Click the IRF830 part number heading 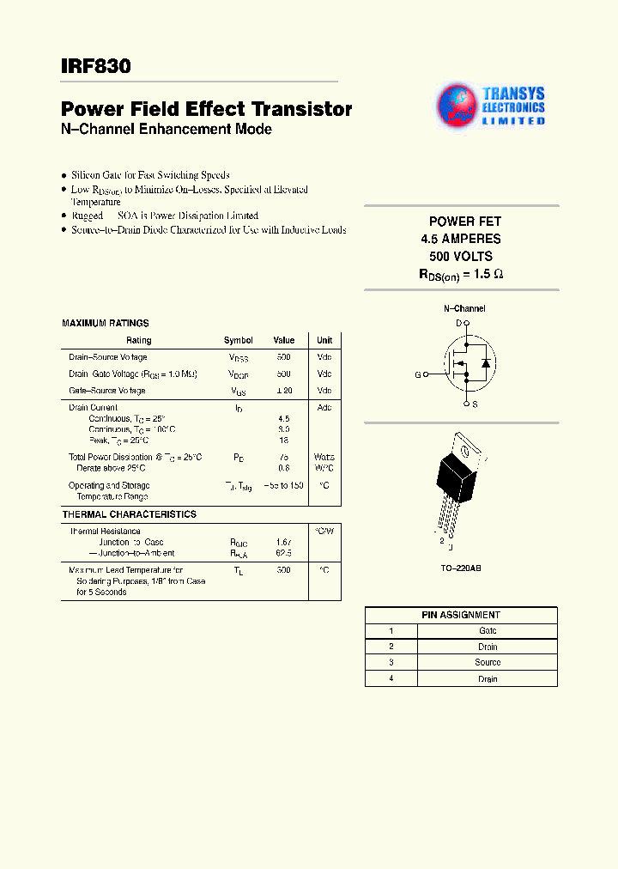pos(96,65)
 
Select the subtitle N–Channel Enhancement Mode pos(167,130)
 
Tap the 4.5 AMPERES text pos(461,239)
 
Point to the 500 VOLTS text pos(461,257)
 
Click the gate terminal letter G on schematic pos(418,375)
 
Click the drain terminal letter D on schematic pos(458,323)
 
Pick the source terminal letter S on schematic pos(476,404)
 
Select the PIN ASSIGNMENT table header pos(461,615)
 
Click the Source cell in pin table pos(488,663)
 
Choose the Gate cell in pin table pos(488,631)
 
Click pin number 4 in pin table pos(391,679)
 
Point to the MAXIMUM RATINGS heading pos(106,324)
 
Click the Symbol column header pos(239,341)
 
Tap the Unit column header pos(324,341)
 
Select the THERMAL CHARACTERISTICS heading pos(129,514)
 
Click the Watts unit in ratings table pos(324,458)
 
